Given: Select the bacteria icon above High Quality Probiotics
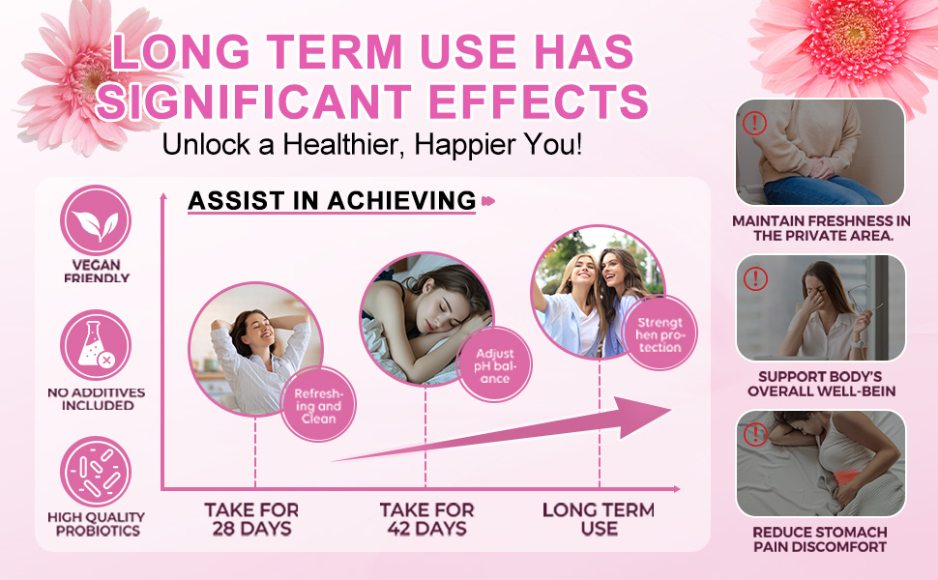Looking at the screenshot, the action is pos(96,472).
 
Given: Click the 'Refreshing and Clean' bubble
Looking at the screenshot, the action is pos(318,405).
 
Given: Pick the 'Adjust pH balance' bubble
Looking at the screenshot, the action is pos(495,364).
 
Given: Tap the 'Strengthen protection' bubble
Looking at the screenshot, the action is pos(660,333).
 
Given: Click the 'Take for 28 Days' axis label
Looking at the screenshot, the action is pos(251,519).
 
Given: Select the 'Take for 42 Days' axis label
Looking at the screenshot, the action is pos(426,519).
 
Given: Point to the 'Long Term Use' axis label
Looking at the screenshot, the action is pos(599,519).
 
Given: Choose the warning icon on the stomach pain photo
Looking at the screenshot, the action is pos(755,434).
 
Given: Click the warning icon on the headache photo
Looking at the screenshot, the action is pos(755,278).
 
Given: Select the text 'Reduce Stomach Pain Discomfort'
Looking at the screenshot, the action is pos(820,539).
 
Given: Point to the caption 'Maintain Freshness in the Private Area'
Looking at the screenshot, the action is pos(821,228).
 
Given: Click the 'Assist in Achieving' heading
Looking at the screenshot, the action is pos(332,201).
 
